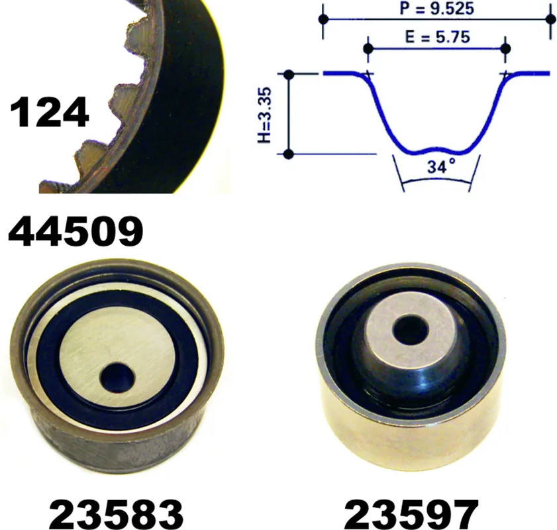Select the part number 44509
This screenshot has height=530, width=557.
[x=76, y=232]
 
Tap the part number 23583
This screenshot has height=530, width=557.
[x=116, y=514]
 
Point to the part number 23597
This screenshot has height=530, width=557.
[x=411, y=514]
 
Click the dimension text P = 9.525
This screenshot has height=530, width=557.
[x=436, y=8]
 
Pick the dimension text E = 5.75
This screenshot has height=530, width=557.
[x=437, y=36]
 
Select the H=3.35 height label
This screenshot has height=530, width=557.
[x=265, y=115]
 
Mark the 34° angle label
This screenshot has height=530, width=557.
[x=441, y=166]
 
